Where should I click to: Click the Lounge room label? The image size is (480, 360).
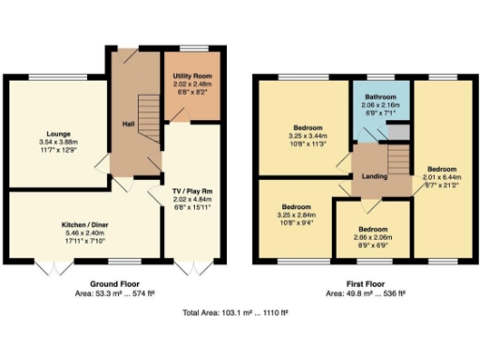(x=58, y=134)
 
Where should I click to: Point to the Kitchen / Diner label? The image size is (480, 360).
(x=82, y=226)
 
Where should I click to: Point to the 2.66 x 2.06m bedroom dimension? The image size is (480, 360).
(x=372, y=238)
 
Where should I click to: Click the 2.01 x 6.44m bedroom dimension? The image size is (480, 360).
(x=442, y=177)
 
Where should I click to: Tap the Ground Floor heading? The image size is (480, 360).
(x=116, y=282)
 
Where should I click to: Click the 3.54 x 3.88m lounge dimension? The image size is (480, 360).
(x=58, y=142)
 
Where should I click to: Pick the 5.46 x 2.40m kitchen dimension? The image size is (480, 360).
(x=82, y=234)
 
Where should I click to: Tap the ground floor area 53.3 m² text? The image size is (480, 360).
(x=116, y=292)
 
